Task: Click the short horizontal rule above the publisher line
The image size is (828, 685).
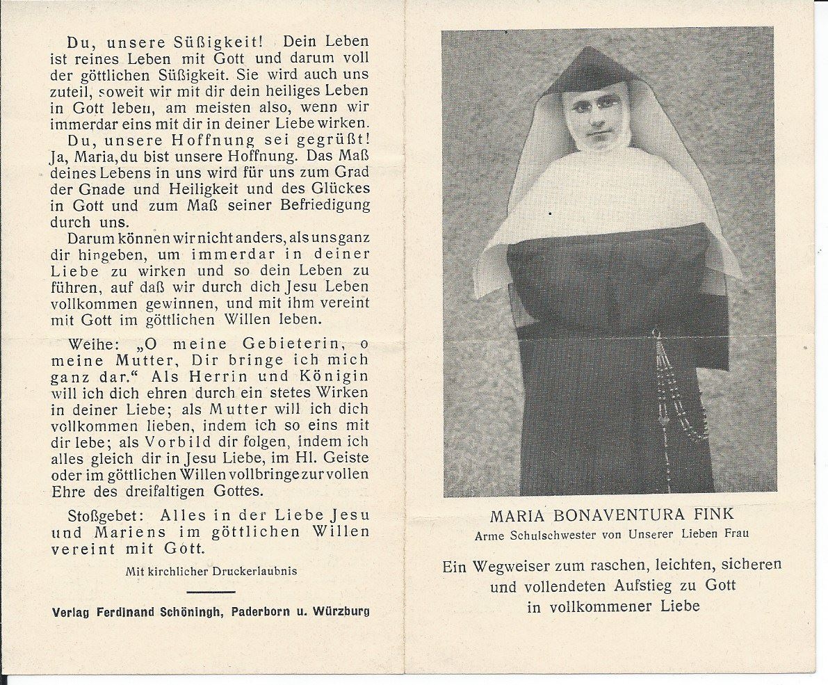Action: click(211, 593)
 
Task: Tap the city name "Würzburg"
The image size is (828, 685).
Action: click(342, 612)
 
